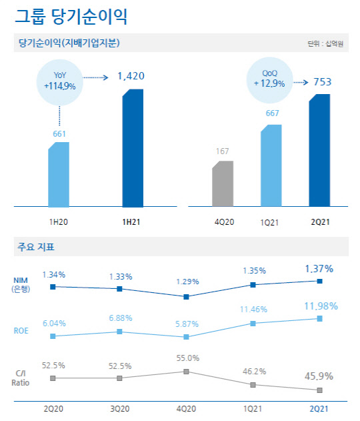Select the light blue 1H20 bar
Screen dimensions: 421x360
(58, 175)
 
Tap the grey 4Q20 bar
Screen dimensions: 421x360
(222, 185)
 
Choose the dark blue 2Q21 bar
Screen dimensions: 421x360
(319, 151)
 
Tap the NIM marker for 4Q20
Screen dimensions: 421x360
(186, 296)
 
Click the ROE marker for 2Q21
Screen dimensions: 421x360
(319, 318)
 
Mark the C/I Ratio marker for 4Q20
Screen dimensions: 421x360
(186, 371)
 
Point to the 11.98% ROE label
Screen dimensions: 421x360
(319, 306)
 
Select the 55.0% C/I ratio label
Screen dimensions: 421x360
(186, 358)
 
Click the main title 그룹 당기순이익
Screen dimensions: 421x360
(71, 15)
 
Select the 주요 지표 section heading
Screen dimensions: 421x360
(37, 248)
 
